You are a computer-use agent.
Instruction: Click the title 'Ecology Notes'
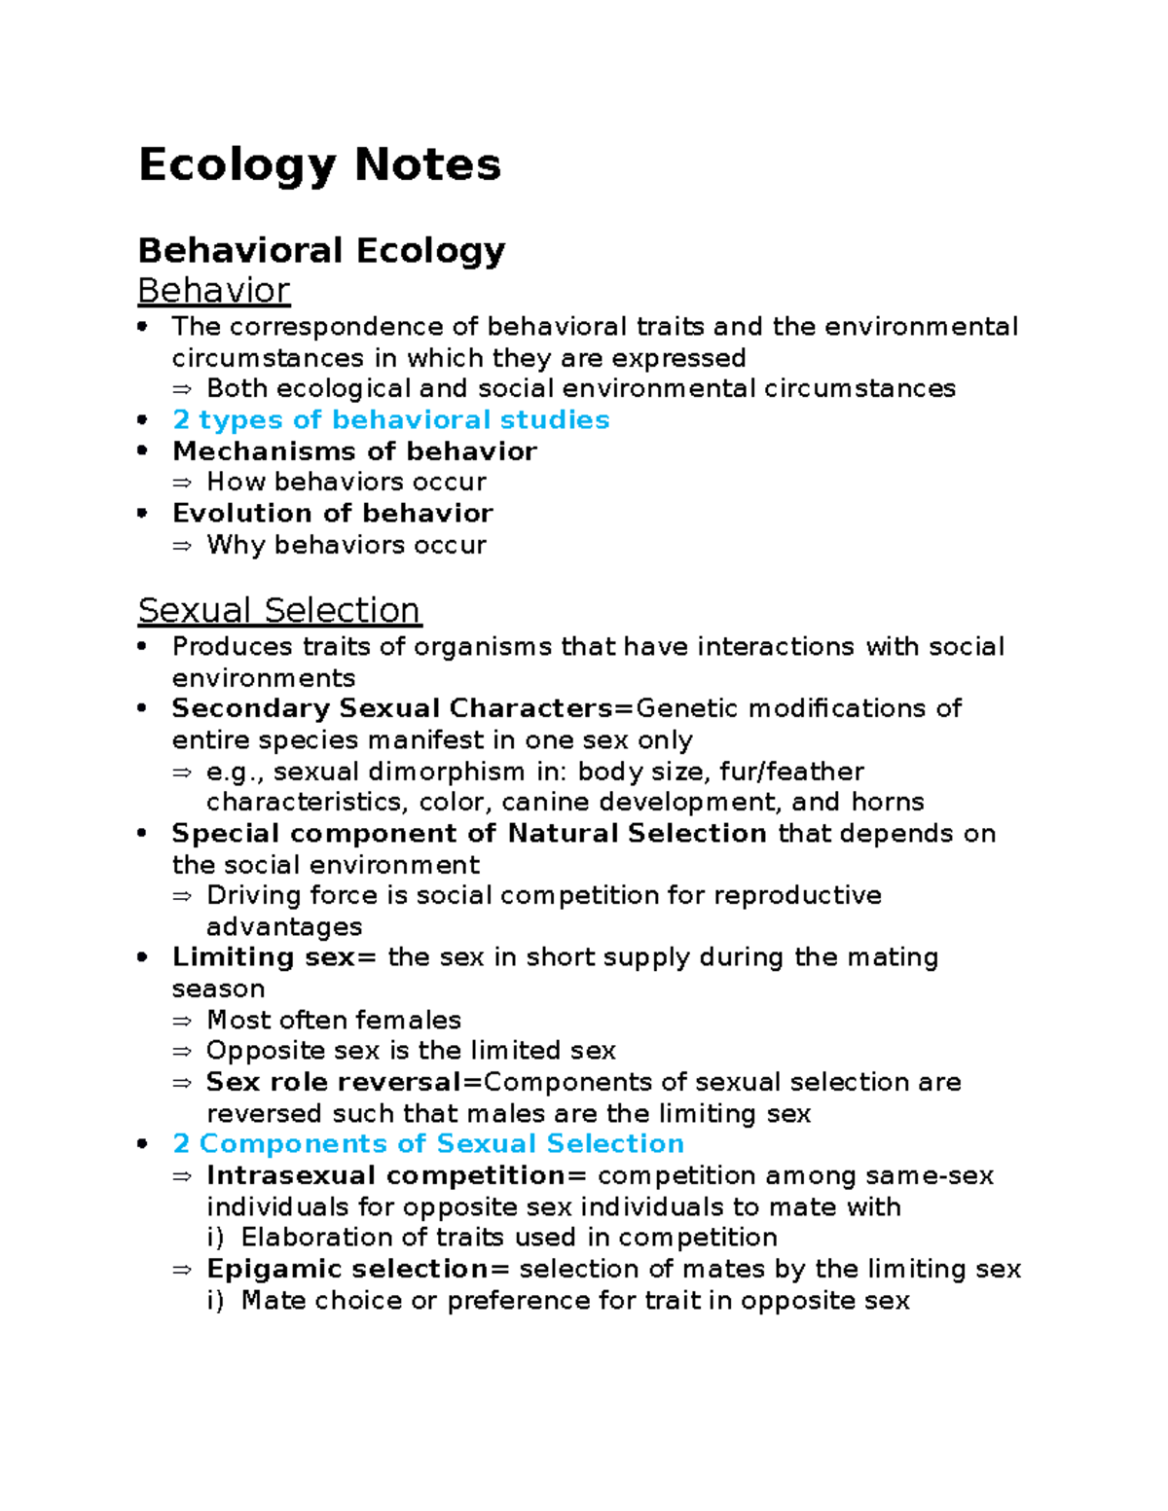point(319,165)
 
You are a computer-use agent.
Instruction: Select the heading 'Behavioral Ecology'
point(321,251)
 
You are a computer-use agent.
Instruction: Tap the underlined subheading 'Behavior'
point(213,291)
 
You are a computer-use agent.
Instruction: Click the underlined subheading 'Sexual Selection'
point(278,611)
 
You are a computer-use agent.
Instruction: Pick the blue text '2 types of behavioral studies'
point(390,420)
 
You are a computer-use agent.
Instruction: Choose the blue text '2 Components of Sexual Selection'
point(427,1144)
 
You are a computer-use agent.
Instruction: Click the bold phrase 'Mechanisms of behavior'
point(354,451)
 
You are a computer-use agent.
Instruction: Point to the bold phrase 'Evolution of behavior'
point(332,514)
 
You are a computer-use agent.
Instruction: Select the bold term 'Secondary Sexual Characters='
point(402,709)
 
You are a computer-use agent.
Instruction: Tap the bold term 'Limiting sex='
point(274,957)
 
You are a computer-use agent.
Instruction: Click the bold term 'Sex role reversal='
point(344,1082)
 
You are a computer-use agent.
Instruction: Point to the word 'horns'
point(887,803)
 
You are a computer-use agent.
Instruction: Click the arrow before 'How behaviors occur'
point(182,483)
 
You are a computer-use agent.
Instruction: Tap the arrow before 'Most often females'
point(182,1021)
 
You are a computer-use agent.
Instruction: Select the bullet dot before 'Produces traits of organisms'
point(143,647)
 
